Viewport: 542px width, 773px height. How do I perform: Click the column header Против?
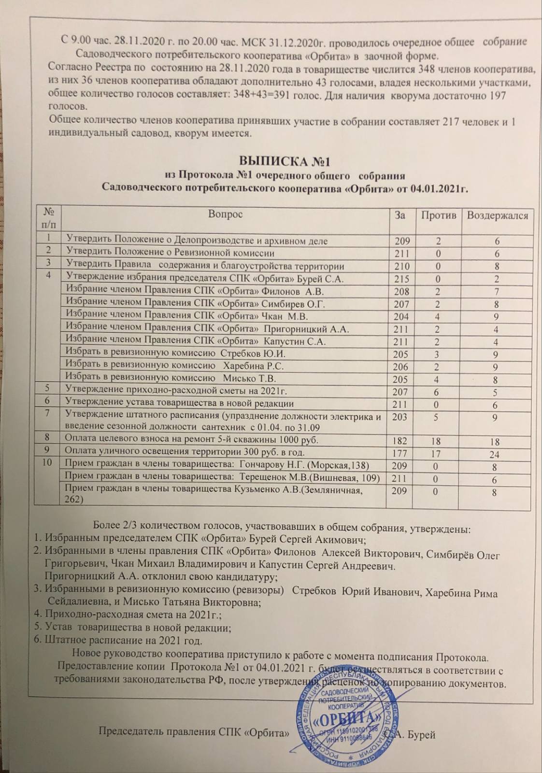pos(438,215)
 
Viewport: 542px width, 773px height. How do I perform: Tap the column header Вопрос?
pos(225,214)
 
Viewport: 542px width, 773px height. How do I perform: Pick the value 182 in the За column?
pos(400,441)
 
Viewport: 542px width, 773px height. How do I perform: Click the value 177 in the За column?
pos(400,454)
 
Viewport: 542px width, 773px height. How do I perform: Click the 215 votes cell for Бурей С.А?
pos(401,279)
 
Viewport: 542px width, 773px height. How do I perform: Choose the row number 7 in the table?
pos(47,413)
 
